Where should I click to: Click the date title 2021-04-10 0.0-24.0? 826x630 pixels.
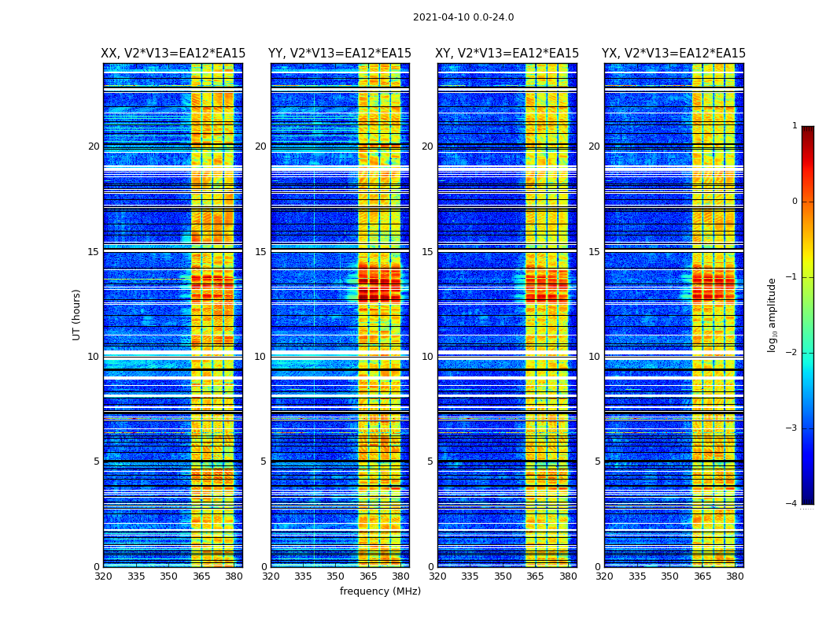463,17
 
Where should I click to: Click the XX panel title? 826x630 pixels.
173,54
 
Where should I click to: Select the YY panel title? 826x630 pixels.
340,54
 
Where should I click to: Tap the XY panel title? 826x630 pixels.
507,54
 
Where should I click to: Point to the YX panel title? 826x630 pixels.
674,54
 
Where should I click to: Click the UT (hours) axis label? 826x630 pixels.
77,314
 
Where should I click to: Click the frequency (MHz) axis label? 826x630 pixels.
380,591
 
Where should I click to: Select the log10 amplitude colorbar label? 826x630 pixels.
773,314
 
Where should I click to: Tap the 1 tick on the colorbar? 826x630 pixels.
795,126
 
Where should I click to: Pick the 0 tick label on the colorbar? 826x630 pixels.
795,202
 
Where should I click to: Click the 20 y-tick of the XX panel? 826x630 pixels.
94,146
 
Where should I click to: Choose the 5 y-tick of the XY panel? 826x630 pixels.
430,461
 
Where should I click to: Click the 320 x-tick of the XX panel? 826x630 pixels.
103,576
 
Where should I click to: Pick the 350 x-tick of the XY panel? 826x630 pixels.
503,576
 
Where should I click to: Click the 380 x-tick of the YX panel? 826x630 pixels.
735,576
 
